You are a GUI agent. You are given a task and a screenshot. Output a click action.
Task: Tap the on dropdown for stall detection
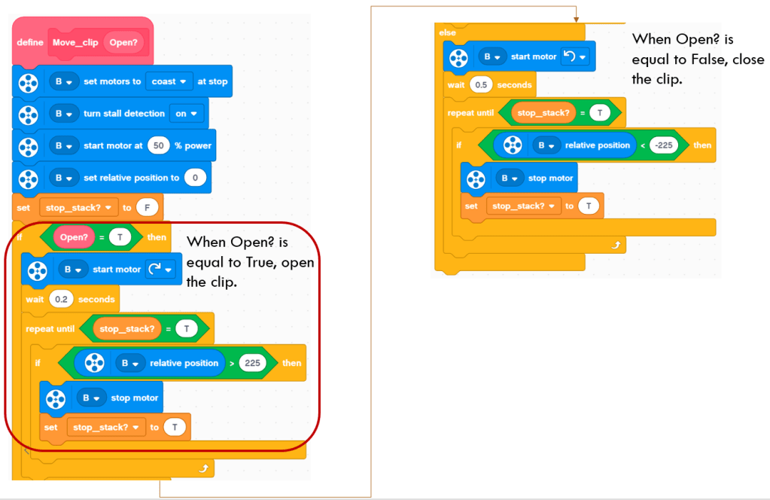[x=187, y=114]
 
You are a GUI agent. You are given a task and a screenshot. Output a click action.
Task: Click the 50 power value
[x=158, y=145]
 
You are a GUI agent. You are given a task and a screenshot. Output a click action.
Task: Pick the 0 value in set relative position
[x=196, y=178]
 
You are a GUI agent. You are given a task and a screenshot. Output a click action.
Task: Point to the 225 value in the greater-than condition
[x=253, y=363]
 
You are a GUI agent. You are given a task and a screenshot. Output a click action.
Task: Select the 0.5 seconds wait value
[x=479, y=84]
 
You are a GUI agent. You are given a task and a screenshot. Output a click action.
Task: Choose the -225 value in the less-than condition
[x=663, y=145]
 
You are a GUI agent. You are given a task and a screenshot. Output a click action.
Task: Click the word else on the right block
[x=446, y=33]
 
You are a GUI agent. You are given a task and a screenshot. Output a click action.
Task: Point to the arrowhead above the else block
[x=576, y=18]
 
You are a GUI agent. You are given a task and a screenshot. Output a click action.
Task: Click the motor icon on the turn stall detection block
[x=29, y=114]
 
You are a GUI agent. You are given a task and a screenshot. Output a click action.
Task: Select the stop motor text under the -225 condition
[x=551, y=178]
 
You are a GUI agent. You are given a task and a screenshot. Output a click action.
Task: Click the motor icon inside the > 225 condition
[x=94, y=363]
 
